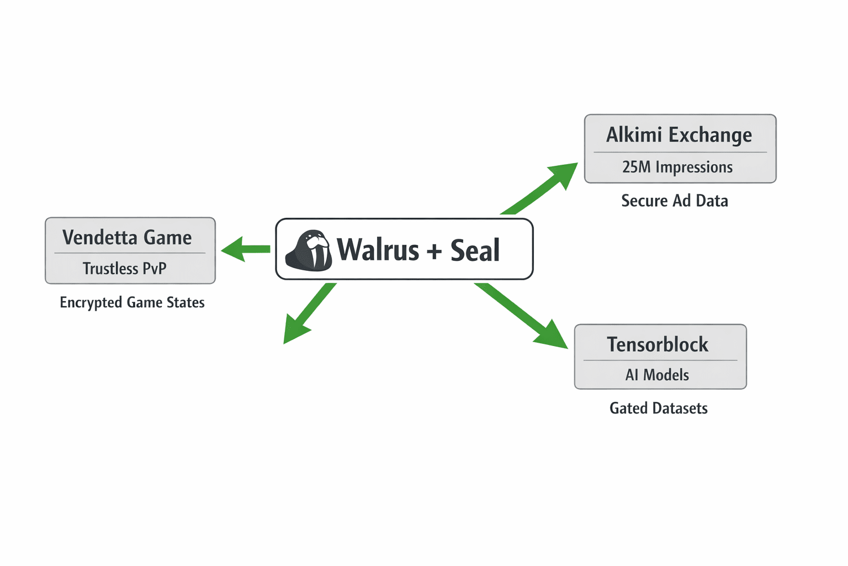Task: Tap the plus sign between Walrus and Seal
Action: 434,251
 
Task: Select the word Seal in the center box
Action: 475,250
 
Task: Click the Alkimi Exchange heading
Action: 679,135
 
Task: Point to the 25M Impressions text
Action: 677,167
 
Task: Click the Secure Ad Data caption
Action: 675,201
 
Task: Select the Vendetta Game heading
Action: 127,238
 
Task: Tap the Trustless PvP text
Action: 124,269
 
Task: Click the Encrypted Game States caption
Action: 132,302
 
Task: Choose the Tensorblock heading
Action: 658,344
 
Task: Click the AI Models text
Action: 657,375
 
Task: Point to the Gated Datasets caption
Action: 658,408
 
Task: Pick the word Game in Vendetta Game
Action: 167,238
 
